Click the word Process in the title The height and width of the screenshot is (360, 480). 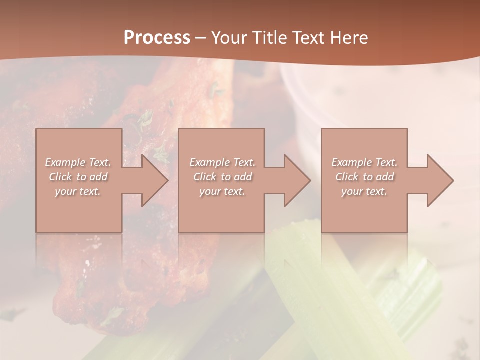click(x=157, y=38)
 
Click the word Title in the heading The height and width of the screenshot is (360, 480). click(x=270, y=38)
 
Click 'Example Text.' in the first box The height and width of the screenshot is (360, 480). click(x=78, y=162)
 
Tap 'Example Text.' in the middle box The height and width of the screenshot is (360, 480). click(x=222, y=162)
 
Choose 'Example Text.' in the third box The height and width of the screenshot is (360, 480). click(x=364, y=162)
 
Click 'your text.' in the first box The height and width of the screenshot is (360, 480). click(x=78, y=191)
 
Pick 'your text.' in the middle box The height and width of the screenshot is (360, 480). click(x=222, y=191)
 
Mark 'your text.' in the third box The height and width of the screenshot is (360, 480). click(x=364, y=191)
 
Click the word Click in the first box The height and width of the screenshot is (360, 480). click(x=60, y=177)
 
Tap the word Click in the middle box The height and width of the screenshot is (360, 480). click(x=205, y=177)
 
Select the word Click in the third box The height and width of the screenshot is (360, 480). click(x=347, y=177)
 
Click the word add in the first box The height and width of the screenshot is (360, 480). click(x=98, y=177)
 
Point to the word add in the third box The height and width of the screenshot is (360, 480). click(x=384, y=177)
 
